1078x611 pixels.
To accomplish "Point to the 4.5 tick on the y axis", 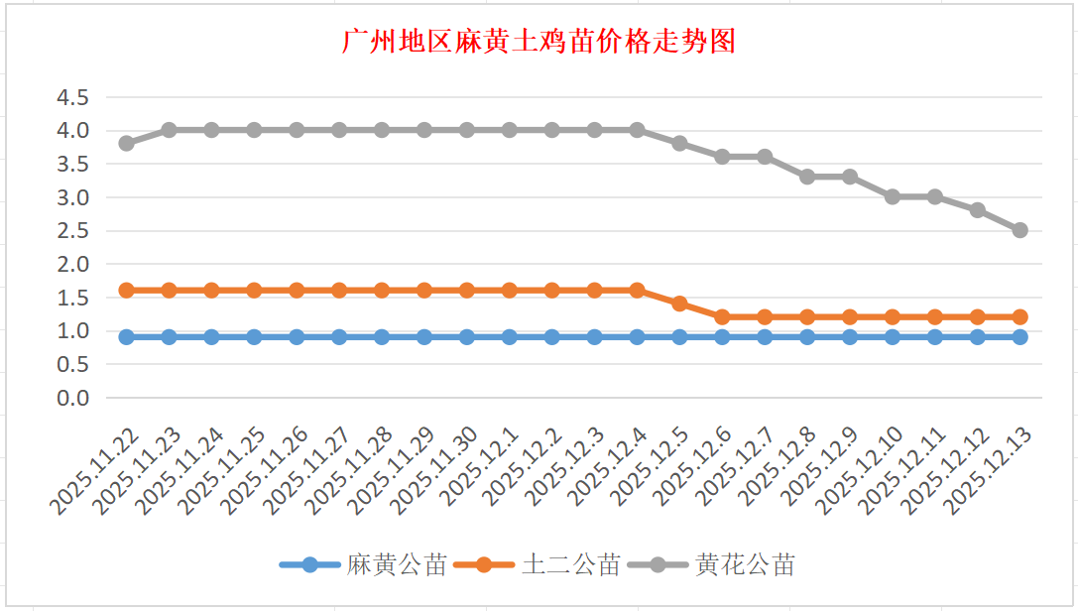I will point(72,97).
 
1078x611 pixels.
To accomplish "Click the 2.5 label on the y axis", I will point(72,230).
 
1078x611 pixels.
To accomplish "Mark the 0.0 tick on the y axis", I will point(72,398).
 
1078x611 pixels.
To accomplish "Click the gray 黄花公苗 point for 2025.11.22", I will point(126,143).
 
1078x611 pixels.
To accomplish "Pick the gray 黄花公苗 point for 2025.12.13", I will point(1019,230).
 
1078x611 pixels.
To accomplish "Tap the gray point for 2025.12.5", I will point(679,143).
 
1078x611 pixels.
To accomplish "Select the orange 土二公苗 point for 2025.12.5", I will point(679,304).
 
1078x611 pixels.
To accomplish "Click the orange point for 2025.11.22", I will point(126,291).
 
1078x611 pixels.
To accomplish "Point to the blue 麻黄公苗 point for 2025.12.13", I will point(1019,337).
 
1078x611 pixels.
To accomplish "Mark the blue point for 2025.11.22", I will point(126,337).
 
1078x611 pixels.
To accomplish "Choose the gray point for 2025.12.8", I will point(807,177).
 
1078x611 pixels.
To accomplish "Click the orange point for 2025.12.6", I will point(722,317).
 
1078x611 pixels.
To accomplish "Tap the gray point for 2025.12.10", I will point(893,196).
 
